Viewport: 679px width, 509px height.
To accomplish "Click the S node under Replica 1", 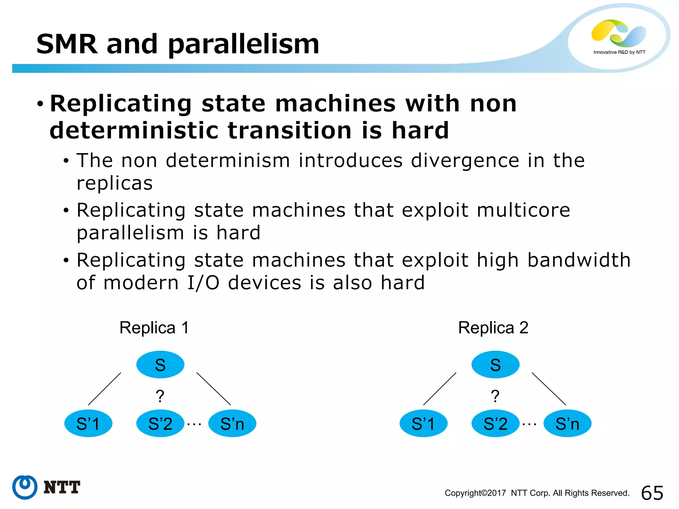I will pos(160,365).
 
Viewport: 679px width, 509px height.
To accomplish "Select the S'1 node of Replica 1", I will pos(88,424).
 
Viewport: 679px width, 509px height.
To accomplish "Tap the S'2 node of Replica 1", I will pos(160,424).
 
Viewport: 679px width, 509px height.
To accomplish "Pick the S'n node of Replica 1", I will pos(232,424).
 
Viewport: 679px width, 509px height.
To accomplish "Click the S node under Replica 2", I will pos(495,365).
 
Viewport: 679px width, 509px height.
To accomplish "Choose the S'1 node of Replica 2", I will pos(423,424).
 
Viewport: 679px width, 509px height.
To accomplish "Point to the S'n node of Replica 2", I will pos(567,424).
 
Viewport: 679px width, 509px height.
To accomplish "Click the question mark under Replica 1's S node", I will pos(160,396).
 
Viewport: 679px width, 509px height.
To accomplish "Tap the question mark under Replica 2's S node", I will pos(495,396).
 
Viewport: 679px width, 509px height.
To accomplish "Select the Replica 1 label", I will pos(154,328).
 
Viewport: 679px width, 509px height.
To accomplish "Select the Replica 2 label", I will pos(493,328).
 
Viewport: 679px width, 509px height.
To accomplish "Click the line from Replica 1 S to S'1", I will pos(104,389).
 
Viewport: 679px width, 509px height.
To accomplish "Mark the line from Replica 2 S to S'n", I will pos(549,389).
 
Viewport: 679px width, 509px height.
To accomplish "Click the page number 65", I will pos(652,493).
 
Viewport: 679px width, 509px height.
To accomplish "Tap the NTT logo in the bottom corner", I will pos(46,487).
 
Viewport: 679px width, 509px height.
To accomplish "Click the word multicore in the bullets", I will pos(523,210).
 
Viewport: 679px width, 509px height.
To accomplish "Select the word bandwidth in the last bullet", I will pos(579,260).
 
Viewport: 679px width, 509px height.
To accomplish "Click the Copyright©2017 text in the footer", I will pos(475,493).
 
